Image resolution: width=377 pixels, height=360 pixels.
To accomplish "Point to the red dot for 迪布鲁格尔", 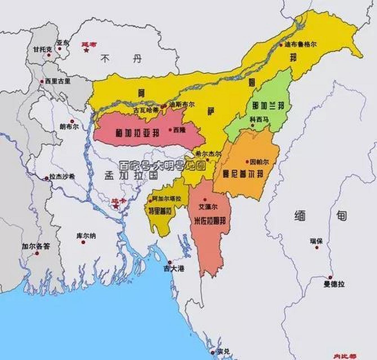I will tap(281, 45).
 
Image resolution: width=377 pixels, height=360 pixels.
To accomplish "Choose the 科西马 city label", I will tap(259, 119).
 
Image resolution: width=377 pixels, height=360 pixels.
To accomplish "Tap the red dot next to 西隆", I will tap(170, 130).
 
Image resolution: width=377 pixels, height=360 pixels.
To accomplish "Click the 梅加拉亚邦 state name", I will tap(138, 133).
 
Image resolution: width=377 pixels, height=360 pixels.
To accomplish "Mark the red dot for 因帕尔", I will tap(247, 162).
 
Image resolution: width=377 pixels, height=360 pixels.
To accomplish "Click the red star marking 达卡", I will tap(116, 206).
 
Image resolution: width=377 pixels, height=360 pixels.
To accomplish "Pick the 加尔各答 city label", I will tap(36, 247).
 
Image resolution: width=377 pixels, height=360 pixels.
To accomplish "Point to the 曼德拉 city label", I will tap(334, 284).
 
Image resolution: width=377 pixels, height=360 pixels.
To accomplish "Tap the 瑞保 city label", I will tap(316, 241).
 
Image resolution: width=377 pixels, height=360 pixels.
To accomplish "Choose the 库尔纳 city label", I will tap(86, 236).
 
